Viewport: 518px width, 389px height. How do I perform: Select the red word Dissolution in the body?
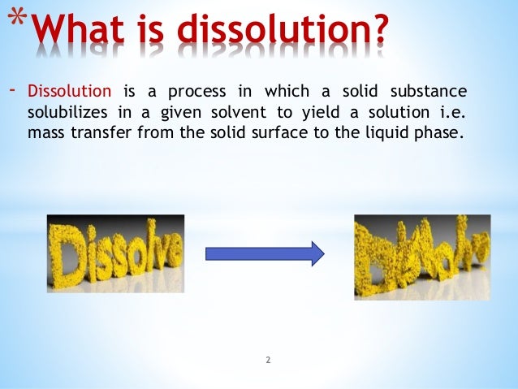71,89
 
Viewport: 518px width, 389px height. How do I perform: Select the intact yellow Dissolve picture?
115,253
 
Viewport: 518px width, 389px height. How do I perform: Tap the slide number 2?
267,357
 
